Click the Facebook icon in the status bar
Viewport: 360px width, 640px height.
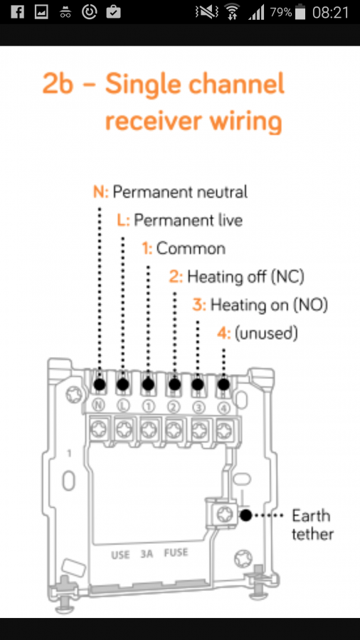[18, 12]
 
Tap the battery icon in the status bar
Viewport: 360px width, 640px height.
[300, 12]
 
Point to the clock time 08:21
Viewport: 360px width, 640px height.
[331, 12]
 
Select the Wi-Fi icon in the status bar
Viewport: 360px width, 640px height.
[232, 12]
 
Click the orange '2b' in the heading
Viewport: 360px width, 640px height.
[58, 84]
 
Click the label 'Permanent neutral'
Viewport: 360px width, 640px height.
[180, 191]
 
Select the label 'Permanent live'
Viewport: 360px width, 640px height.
[188, 220]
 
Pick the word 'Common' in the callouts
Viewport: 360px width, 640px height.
[191, 248]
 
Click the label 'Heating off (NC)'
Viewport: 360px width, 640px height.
[245, 277]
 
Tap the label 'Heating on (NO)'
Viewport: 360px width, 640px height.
[269, 304]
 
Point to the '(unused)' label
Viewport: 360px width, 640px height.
[265, 334]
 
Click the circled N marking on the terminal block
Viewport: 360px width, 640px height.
[98, 405]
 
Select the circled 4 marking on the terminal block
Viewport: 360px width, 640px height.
[224, 407]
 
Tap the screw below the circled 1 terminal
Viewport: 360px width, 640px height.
[149, 429]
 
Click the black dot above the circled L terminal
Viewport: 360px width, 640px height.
[123, 385]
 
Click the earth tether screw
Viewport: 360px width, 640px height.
[224, 514]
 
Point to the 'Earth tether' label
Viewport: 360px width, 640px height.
[312, 525]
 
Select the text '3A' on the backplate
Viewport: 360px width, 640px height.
[147, 554]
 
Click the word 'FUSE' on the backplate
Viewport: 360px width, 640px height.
[176, 553]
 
